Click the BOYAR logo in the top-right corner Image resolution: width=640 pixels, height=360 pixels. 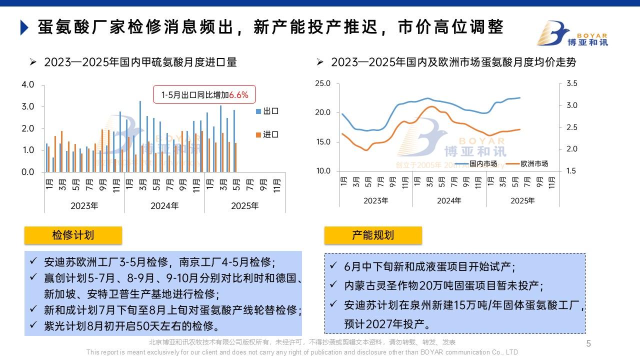coord(572,33)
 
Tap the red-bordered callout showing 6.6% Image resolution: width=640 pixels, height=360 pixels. coord(204,94)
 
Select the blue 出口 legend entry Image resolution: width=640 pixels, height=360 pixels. coord(267,111)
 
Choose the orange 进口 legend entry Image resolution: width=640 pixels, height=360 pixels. coord(267,134)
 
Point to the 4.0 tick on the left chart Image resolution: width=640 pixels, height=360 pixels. coord(28,84)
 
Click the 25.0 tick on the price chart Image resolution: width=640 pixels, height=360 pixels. coord(323,83)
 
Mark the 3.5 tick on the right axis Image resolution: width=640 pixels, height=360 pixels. coord(571,83)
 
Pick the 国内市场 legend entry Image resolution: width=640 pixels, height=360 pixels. coord(482,163)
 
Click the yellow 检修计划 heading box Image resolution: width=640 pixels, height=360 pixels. coord(73,235)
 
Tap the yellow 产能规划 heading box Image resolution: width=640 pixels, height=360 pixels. coord(373,235)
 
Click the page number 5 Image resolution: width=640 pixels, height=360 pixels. coord(588,343)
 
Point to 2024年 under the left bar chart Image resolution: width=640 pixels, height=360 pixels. coord(164,205)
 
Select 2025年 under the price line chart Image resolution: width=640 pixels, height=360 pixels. coord(522,200)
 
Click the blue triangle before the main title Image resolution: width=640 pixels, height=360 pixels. coord(23,27)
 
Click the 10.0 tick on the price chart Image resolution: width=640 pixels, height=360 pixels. coord(323,171)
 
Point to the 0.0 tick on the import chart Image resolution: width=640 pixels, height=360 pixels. coord(28,172)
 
